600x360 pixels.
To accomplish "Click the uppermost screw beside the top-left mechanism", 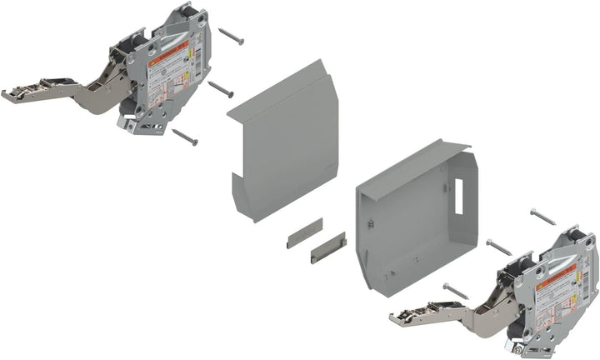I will (x=230, y=37).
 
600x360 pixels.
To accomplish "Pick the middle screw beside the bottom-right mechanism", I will (x=498, y=247).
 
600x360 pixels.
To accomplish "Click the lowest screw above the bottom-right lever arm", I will (x=456, y=291).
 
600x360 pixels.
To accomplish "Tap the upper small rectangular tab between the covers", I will (x=303, y=233).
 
